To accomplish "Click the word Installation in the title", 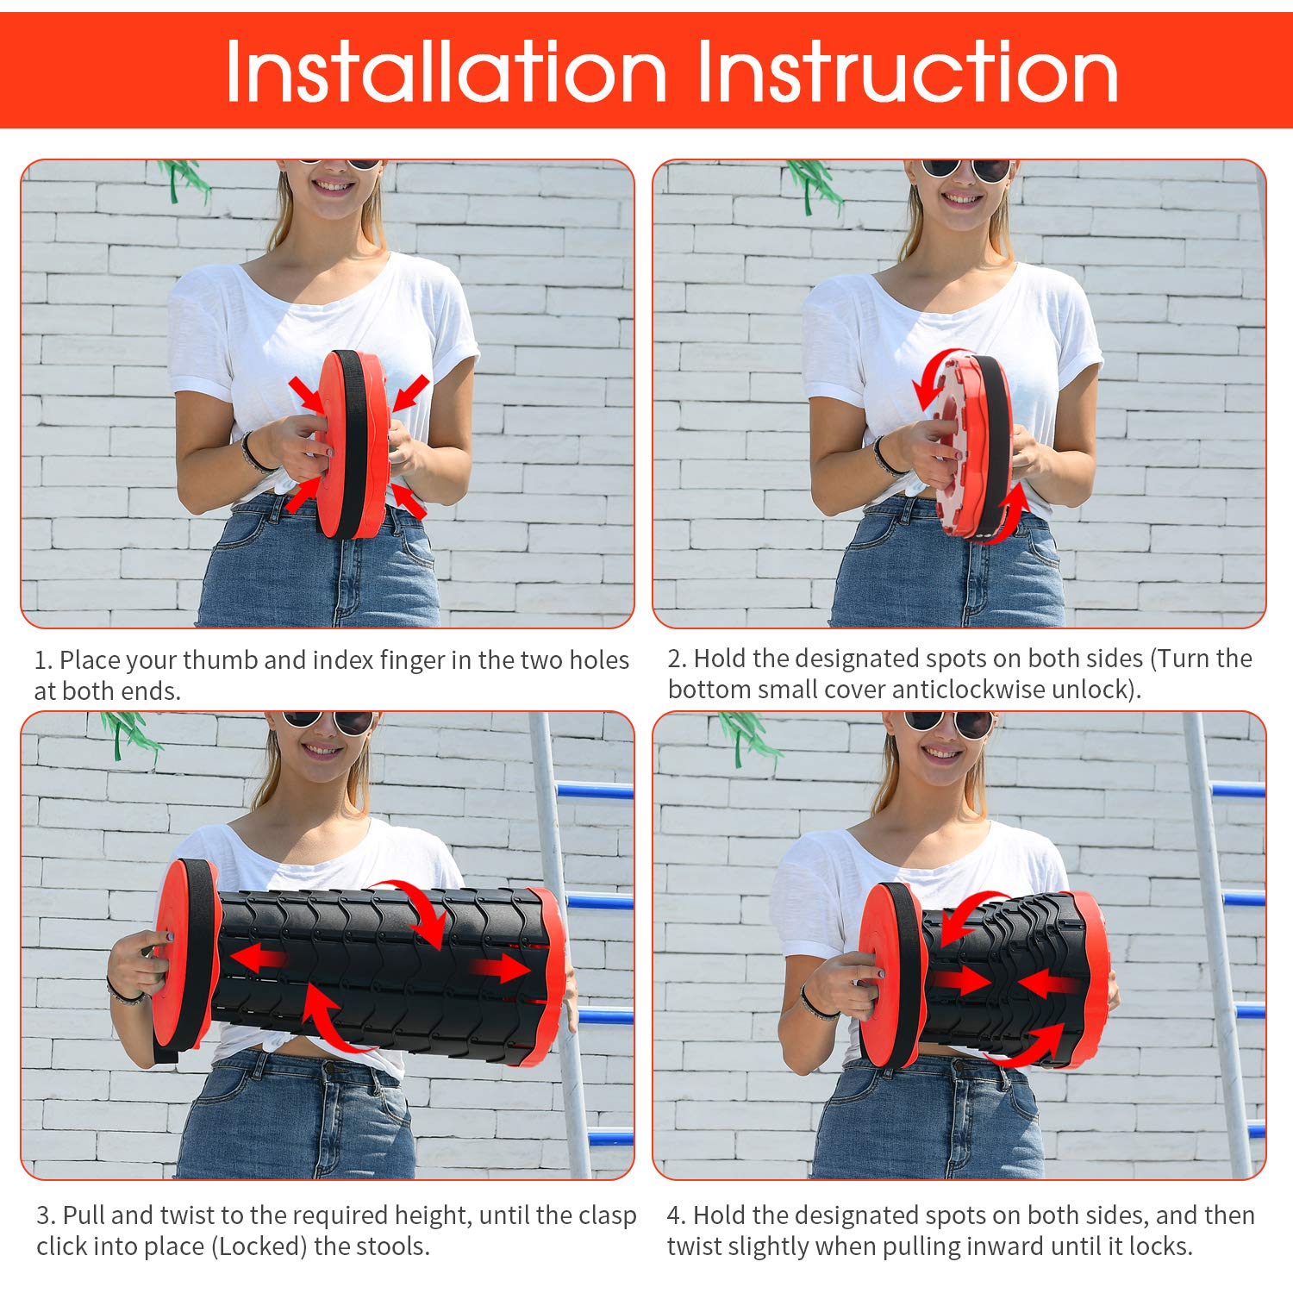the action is click(447, 72).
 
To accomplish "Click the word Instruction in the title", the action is click(908, 72).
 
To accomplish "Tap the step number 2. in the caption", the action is click(677, 659).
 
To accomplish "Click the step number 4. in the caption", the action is click(677, 1215).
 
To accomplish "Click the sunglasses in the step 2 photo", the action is click(966, 169).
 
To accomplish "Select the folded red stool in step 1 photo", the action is click(353, 444).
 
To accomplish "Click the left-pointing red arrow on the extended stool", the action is click(259, 958).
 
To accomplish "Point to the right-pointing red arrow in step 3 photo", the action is click(500, 969).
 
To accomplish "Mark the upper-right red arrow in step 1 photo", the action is click(410, 392).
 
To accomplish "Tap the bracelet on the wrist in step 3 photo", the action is click(125, 991).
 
